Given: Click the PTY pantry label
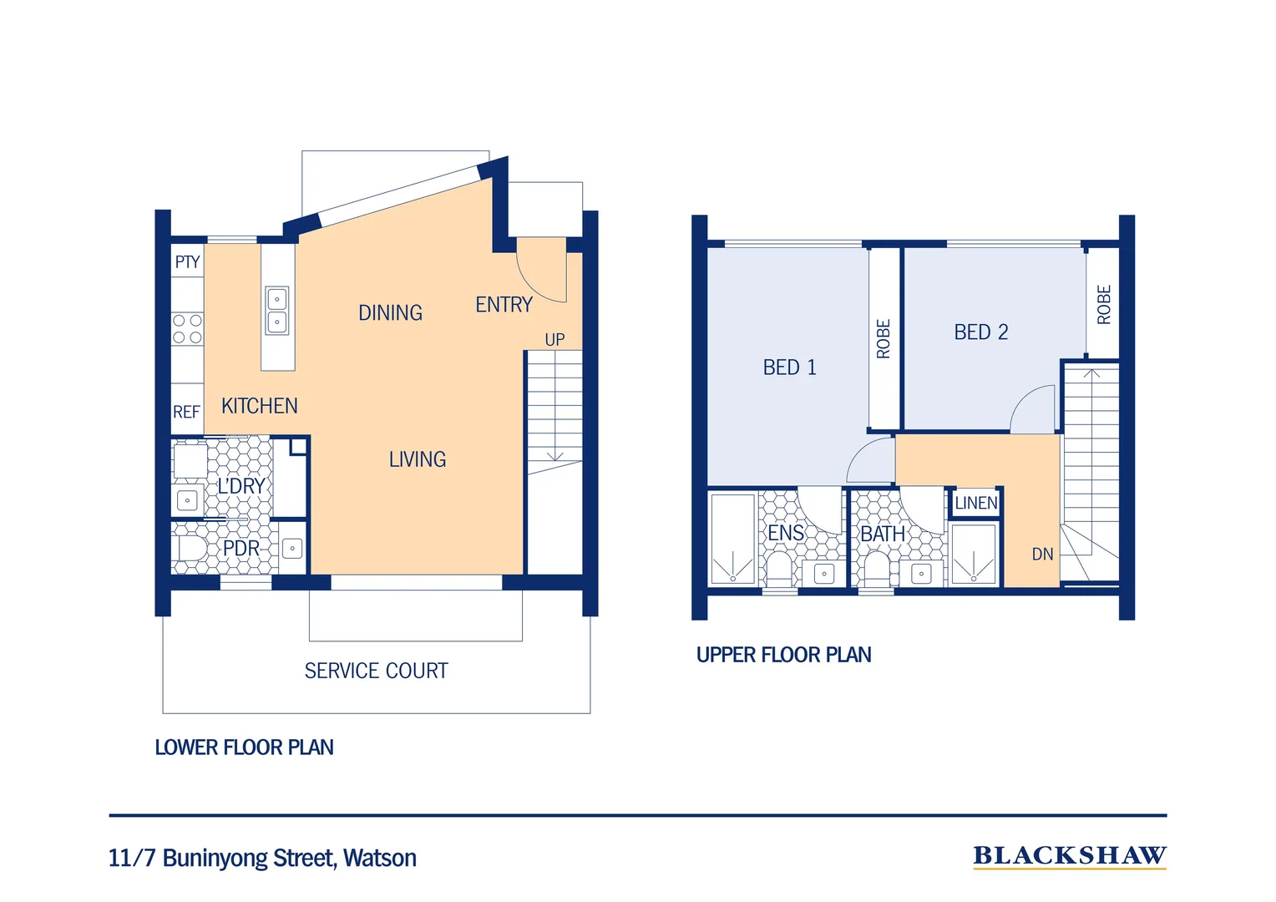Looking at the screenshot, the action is tap(187, 262).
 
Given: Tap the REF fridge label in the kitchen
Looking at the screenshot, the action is tap(186, 412).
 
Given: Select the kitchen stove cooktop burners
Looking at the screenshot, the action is tap(187, 329).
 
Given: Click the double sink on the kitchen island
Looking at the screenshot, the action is tap(277, 311).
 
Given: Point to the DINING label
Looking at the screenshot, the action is tap(390, 313).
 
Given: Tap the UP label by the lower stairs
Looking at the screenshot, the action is tap(554, 340).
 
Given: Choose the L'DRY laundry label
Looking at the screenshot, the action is tap(241, 486).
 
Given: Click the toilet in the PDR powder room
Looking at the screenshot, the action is tap(192, 548).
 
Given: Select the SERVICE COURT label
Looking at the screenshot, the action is tap(377, 671).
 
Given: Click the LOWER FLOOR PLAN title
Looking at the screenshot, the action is tap(245, 747).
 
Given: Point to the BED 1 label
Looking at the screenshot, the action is tap(789, 367).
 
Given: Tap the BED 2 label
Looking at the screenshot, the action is tap(981, 332).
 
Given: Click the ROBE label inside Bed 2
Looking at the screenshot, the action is tap(1103, 305).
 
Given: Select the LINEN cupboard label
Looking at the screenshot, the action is tap(976, 503).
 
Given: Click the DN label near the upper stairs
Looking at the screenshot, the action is tap(1042, 554).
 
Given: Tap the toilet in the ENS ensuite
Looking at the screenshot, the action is tap(778, 568).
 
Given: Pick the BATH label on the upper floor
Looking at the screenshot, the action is tap(883, 534).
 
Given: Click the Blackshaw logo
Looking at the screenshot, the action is tap(1070, 856).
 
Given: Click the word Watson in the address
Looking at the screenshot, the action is tap(380, 858).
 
